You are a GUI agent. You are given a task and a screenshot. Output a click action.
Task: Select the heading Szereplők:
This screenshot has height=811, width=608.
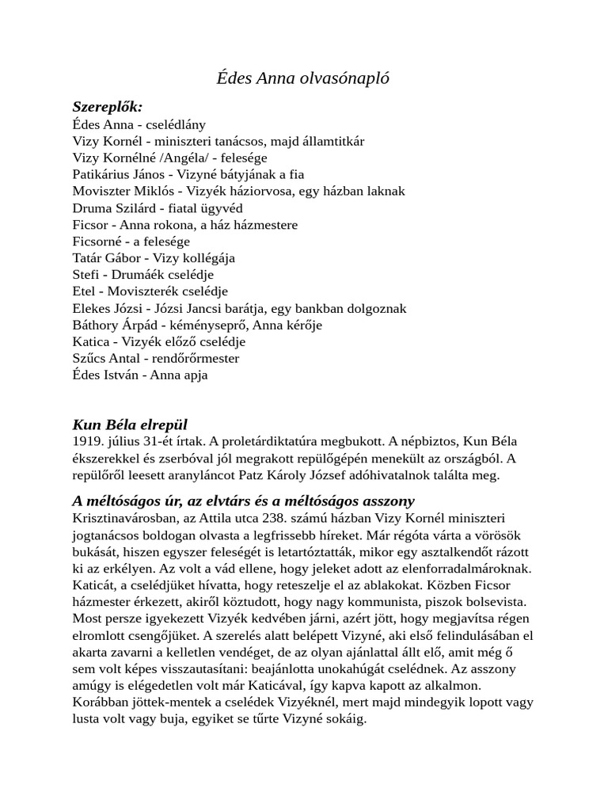tap(108, 107)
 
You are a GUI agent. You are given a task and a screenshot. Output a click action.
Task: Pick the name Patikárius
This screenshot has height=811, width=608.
tap(101, 174)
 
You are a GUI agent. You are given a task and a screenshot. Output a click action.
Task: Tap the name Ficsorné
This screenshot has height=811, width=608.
tap(97, 241)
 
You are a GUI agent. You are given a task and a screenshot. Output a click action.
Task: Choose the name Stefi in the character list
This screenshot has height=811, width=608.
tap(84, 274)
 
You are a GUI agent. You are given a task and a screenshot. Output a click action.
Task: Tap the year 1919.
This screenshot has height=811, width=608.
tap(86, 441)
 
